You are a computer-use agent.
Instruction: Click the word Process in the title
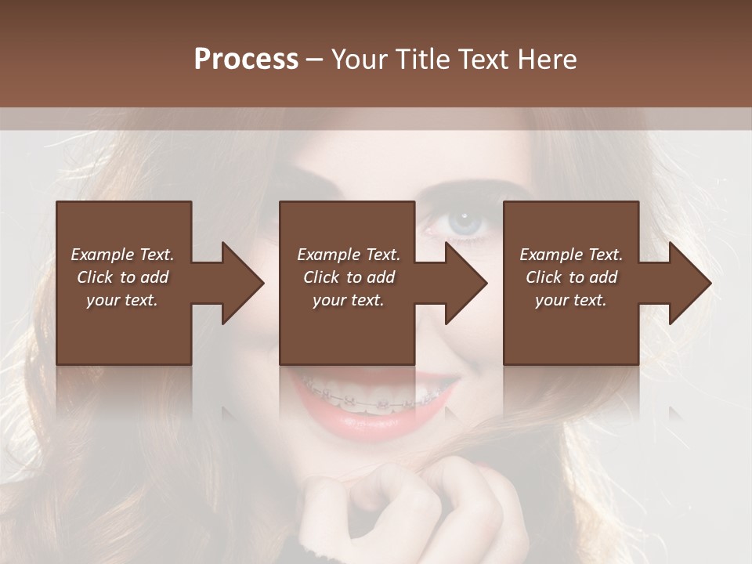246,60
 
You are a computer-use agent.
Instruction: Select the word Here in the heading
547,60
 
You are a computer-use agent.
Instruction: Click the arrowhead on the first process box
243,284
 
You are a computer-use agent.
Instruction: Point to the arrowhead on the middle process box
466,284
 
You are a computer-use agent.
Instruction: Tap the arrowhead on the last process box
690,284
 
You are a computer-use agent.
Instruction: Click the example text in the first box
122,277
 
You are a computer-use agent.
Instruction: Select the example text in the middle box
349,277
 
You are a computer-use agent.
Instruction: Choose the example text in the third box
571,277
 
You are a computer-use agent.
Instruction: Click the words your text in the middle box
349,300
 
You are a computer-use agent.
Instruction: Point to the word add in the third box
604,277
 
